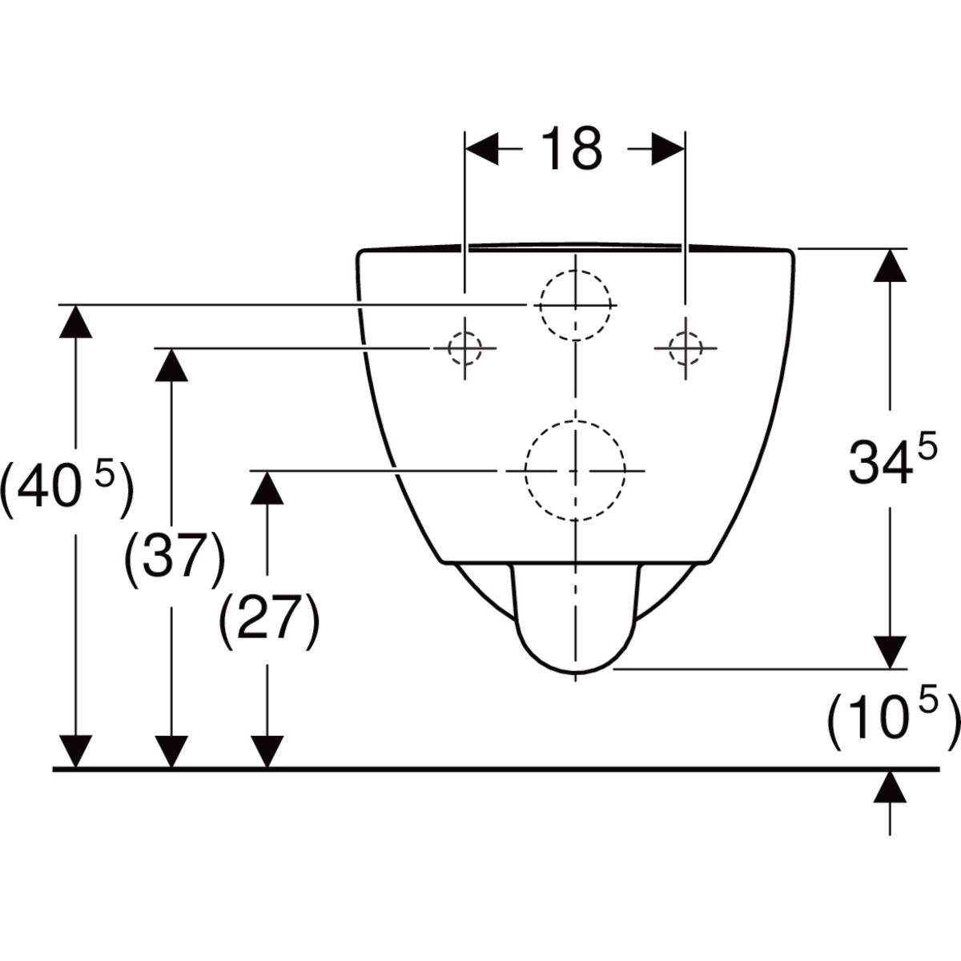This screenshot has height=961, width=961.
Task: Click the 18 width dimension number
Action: coord(572,148)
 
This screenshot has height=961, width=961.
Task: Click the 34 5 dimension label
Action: coord(892,460)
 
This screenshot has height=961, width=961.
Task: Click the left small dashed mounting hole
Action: coord(464,348)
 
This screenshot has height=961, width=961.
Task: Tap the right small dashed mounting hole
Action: coord(686,348)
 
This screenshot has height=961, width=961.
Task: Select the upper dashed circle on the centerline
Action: coord(576,305)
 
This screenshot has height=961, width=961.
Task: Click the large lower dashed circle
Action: coord(575,470)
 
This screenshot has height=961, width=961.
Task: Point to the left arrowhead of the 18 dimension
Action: coord(482,149)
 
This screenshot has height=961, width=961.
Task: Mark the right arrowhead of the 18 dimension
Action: coord(668,149)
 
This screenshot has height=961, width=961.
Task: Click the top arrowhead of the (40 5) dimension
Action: coord(76,321)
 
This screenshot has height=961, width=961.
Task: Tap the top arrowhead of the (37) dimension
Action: coord(171,365)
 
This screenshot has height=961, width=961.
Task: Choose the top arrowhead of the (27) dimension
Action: coord(267,488)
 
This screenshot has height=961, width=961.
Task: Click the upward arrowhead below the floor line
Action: coord(891,788)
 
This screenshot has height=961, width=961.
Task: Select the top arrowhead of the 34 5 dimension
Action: coord(891,265)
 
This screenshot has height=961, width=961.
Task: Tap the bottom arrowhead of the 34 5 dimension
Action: coord(891,653)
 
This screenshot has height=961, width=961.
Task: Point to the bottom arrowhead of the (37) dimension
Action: coord(171,752)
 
